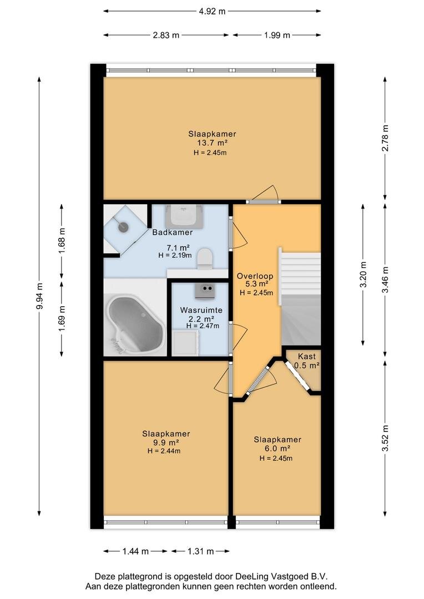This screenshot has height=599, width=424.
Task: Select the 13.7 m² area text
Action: click(212, 143)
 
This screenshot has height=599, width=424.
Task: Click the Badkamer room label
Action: click(173, 232)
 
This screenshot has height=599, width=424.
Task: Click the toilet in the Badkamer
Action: click(205, 258)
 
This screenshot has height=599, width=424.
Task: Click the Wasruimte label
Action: click(201, 310)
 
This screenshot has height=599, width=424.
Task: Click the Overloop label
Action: click(255, 276)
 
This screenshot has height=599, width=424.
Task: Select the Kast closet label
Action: click(307, 357)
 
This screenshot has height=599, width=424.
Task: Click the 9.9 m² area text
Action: click(166, 443)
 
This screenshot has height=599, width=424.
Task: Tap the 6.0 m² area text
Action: click(277, 448)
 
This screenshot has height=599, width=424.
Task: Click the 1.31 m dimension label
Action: click(200, 551)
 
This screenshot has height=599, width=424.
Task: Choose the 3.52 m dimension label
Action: click(385, 438)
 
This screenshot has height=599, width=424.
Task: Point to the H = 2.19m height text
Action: click(175, 255)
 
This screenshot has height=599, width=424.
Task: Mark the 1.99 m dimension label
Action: click(277, 35)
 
